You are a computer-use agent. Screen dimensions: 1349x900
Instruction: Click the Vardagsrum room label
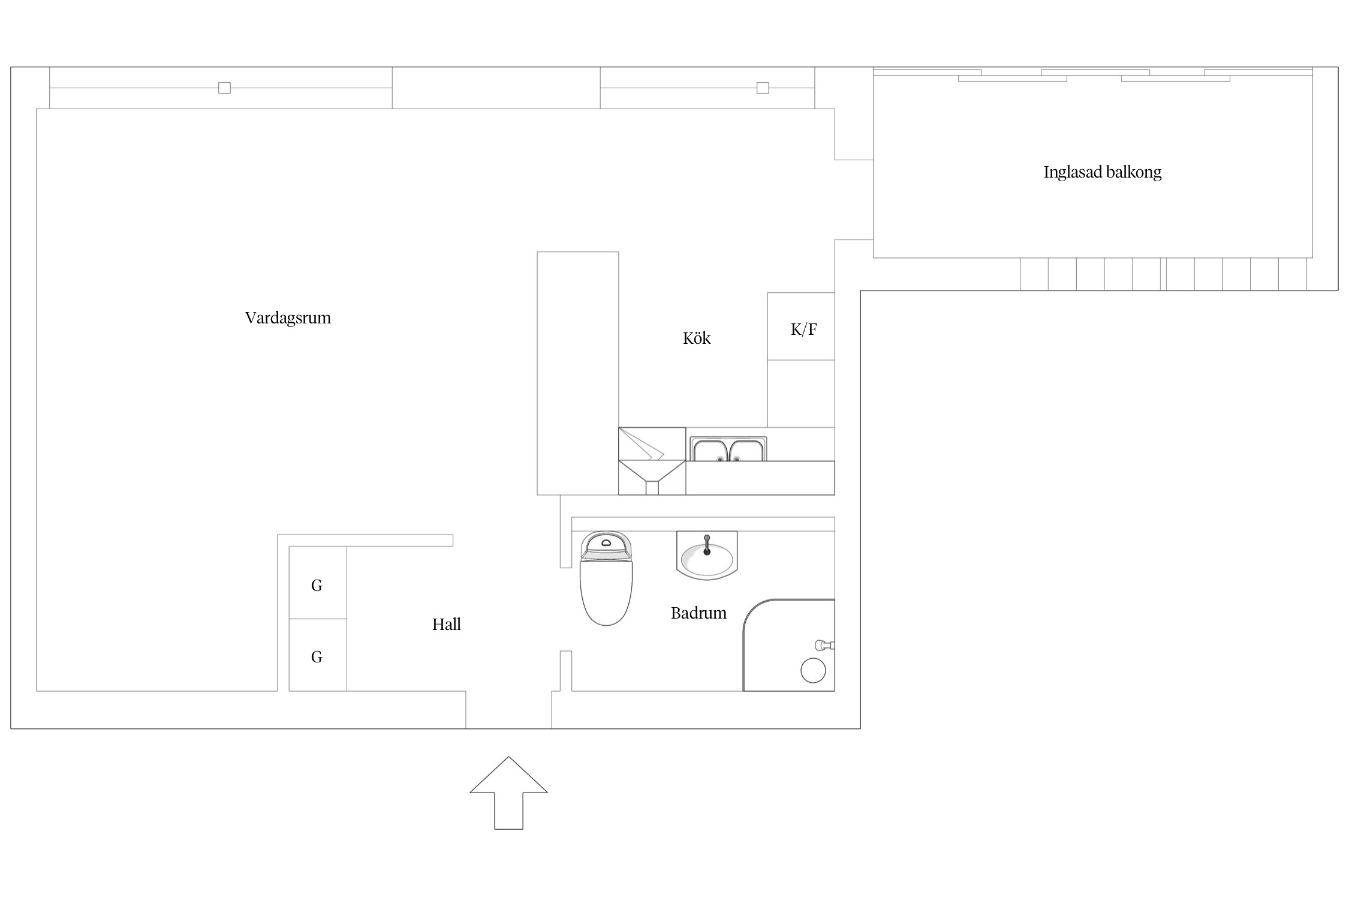point(288,318)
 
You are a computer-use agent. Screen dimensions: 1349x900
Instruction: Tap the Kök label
point(697,338)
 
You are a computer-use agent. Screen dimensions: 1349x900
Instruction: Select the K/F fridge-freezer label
point(803,329)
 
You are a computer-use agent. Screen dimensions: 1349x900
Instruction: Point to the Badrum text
point(698,613)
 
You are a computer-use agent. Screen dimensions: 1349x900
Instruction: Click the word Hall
point(447,625)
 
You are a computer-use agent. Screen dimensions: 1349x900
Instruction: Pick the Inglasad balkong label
point(1102,173)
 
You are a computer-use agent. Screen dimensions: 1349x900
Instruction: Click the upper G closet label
point(317,586)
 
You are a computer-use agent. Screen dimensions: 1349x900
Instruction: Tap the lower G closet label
point(317,657)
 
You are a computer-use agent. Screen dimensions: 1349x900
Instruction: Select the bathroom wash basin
point(707,556)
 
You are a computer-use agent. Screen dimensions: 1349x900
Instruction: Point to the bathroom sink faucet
point(707,545)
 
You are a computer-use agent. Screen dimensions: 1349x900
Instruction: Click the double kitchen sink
point(728,449)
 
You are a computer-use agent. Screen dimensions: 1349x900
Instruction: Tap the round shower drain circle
point(813,670)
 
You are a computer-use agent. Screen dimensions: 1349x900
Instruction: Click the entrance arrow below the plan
point(508,793)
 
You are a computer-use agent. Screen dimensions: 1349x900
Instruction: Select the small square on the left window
point(224,88)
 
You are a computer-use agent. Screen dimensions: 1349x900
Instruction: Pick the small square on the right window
point(763,88)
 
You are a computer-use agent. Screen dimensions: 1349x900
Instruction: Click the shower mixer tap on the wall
point(824,646)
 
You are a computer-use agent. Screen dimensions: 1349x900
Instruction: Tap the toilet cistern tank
point(606,546)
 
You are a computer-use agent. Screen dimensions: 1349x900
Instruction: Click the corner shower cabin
point(789,645)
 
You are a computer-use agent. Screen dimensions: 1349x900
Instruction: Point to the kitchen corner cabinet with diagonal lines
point(652,461)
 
